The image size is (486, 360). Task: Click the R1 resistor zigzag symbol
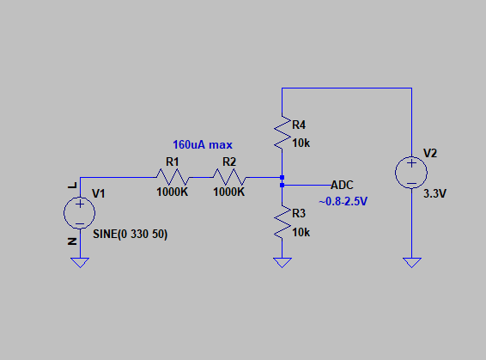pyautogui.click(x=173, y=177)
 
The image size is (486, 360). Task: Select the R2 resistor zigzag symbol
pyautogui.click(x=229, y=177)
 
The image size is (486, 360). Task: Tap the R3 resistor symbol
pyautogui.click(x=282, y=222)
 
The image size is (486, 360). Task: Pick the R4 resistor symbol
pyautogui.click(x=282, y=132)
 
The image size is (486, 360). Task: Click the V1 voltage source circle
pyautogui.click(x=80, y=213)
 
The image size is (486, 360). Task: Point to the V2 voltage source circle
pyautogui.click(x=411, y=173)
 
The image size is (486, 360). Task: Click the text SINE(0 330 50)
pyautogui.click(x=131, y=234)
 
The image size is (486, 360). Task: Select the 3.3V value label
pyautogui.click(x=434, y=194)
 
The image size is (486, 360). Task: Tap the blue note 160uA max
pyautogui.click(x=203, y=145)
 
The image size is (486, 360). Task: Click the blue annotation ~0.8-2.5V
pyautogui.click(x=343, y=202)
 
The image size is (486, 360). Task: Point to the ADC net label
pyautogui.click(x=343, y=185)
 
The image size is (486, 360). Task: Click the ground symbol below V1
pyautogui.click(x=80, y=263)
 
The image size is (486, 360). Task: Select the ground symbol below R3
pyautogui.click(x=282, y=263)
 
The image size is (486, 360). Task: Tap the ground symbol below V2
pyautogui.click(x=412, y=263)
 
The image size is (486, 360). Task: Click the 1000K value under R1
pyautogui.click(x=173, y=192)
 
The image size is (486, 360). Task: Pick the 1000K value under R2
pyautogui.click(x=229, y=192)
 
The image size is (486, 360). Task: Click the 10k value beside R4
pyautogui.click(x=301, y=143)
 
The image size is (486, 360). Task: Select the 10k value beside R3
pyautogui.click(x=301, y=233)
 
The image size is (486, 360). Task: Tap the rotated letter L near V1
pyautogui.click(x=72, y=186)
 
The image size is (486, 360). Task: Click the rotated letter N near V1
pyautogui.click(x=72, y=241)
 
